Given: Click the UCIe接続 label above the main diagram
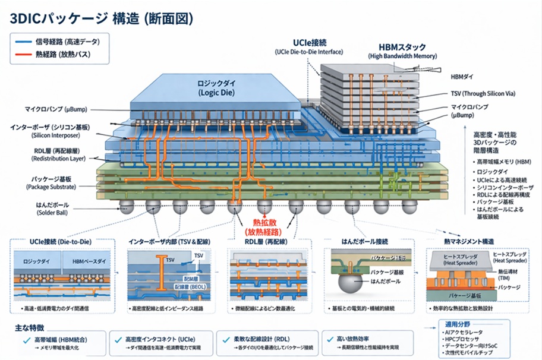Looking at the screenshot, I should click(309, 43).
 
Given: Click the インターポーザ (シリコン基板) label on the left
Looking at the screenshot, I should click(50, 127).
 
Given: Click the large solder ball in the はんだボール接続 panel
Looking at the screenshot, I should click(349, 283).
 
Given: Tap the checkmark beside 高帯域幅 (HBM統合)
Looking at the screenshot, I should click(26, 340).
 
